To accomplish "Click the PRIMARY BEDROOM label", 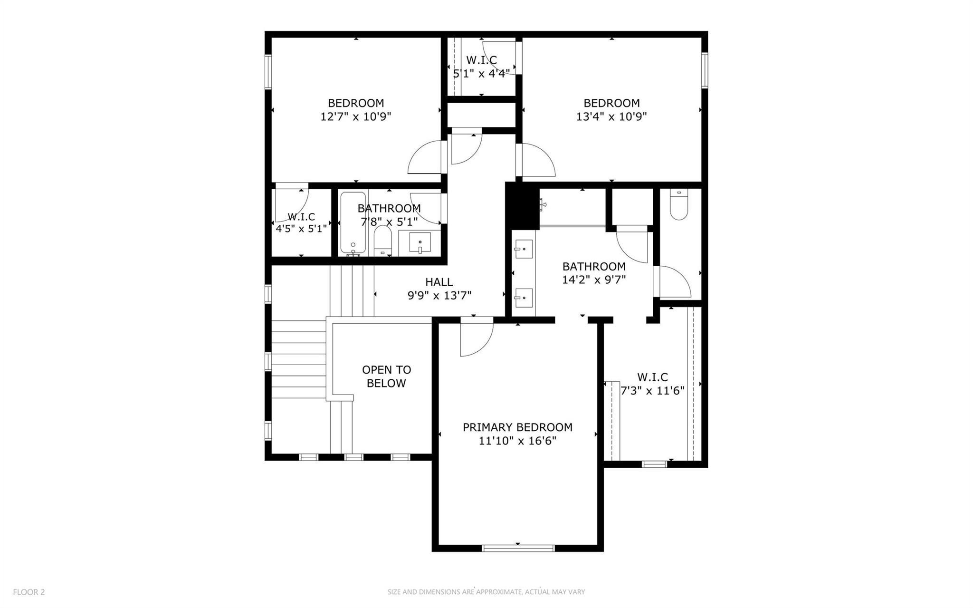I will tap(517, 427).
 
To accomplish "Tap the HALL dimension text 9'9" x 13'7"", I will tap(439, 296).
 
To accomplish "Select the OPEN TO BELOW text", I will tap(386, 376).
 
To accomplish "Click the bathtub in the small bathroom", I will tap(353, 222).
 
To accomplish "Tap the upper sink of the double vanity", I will tap(524, 249).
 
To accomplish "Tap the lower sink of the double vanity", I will tap(524, 298).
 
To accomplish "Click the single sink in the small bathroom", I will tap(420, 242).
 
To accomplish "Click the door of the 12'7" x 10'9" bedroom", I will tap(426, 158).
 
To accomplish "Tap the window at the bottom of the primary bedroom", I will tap(518, 548).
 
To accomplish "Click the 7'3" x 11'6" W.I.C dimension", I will tap(652, 391).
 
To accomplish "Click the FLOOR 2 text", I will tap(29, 592).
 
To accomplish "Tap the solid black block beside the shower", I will tap(522, 205).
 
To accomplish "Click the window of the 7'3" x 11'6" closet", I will tap(654, 463).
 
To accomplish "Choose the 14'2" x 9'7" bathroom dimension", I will tap(594, 280).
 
